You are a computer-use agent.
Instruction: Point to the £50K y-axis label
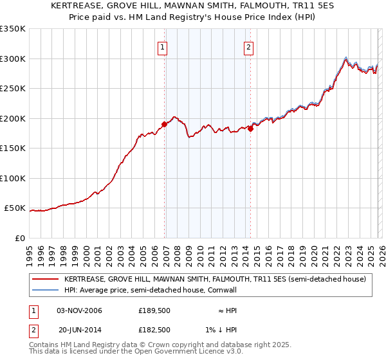point(15,208)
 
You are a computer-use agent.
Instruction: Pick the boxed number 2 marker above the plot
point(248,46)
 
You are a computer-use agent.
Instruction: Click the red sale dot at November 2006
point(165,124)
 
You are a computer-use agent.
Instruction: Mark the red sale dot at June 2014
point(251,129)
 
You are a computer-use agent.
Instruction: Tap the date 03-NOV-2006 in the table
point(79,310)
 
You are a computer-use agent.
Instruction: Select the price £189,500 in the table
point(154,310)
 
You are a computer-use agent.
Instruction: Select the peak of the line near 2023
point(346,57)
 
